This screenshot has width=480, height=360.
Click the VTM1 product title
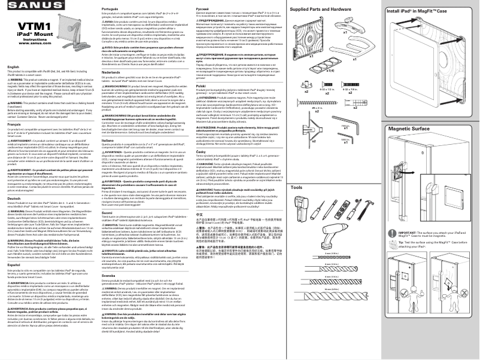26,28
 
